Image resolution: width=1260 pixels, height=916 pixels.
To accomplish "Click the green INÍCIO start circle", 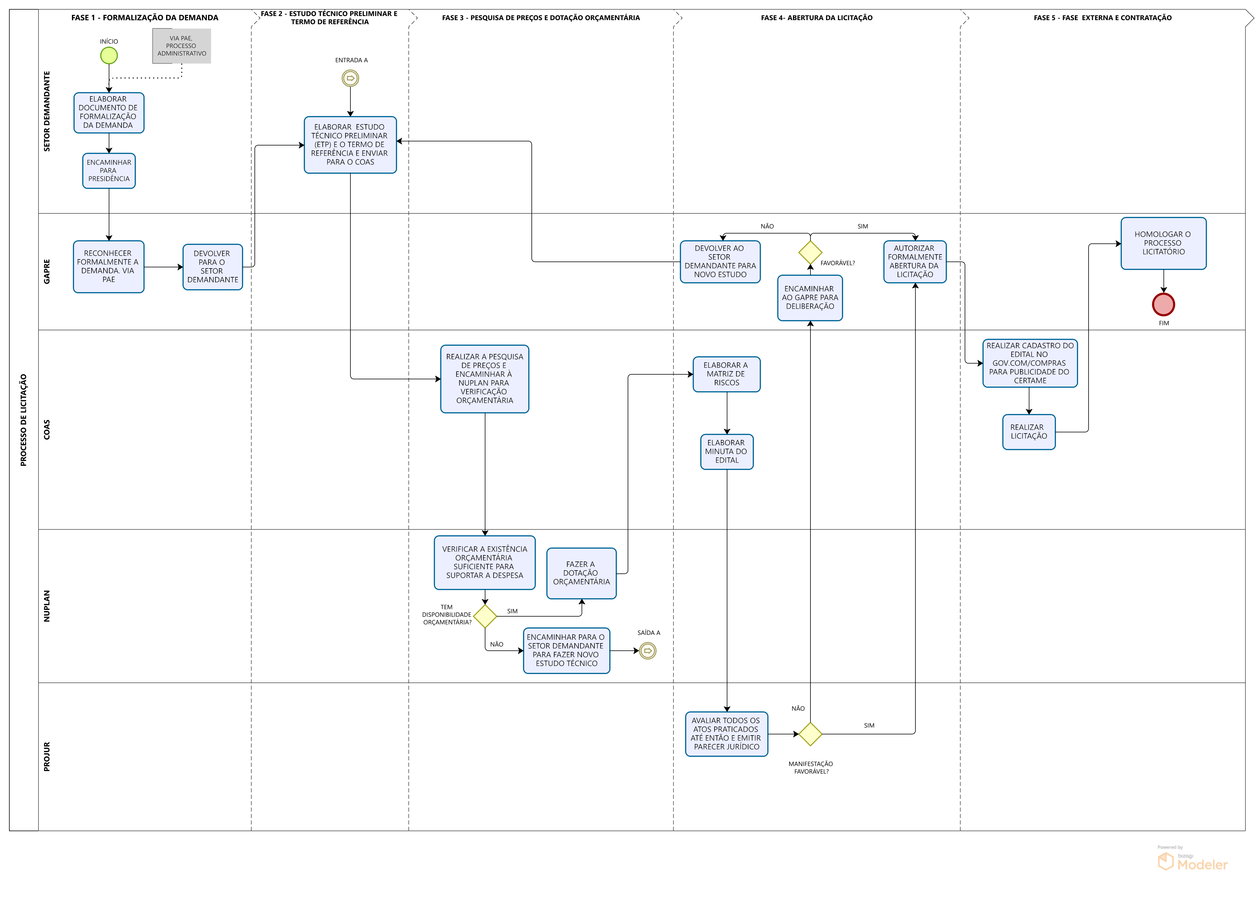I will coord(109,56).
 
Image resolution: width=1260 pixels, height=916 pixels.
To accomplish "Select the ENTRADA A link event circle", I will coord(350,78).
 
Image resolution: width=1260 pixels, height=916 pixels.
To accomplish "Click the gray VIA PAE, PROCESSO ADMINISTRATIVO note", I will coord(182,46).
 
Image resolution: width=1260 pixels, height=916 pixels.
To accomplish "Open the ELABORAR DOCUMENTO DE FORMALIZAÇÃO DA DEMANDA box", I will coord(109,113).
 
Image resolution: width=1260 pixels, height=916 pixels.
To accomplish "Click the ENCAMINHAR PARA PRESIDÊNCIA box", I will coord(109,171).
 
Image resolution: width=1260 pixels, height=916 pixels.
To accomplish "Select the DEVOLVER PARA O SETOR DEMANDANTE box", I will coord(213,267).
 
